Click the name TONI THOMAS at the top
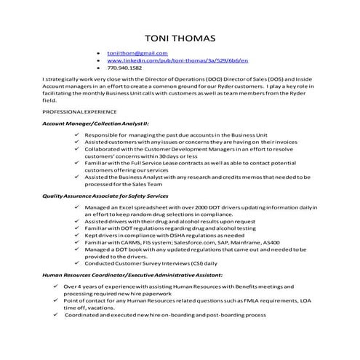[180, 36]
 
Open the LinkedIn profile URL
[177, 60]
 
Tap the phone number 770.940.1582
[124, 68]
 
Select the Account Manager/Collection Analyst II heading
[90, 124]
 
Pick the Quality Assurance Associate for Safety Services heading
[105, 196]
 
